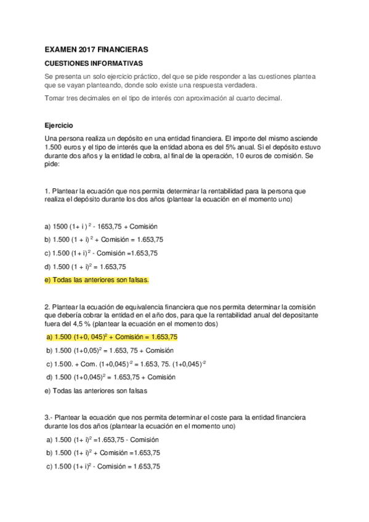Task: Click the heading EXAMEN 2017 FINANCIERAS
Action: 97,49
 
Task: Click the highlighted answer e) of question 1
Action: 97,280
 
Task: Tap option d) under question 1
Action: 86,267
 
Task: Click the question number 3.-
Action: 49,417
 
